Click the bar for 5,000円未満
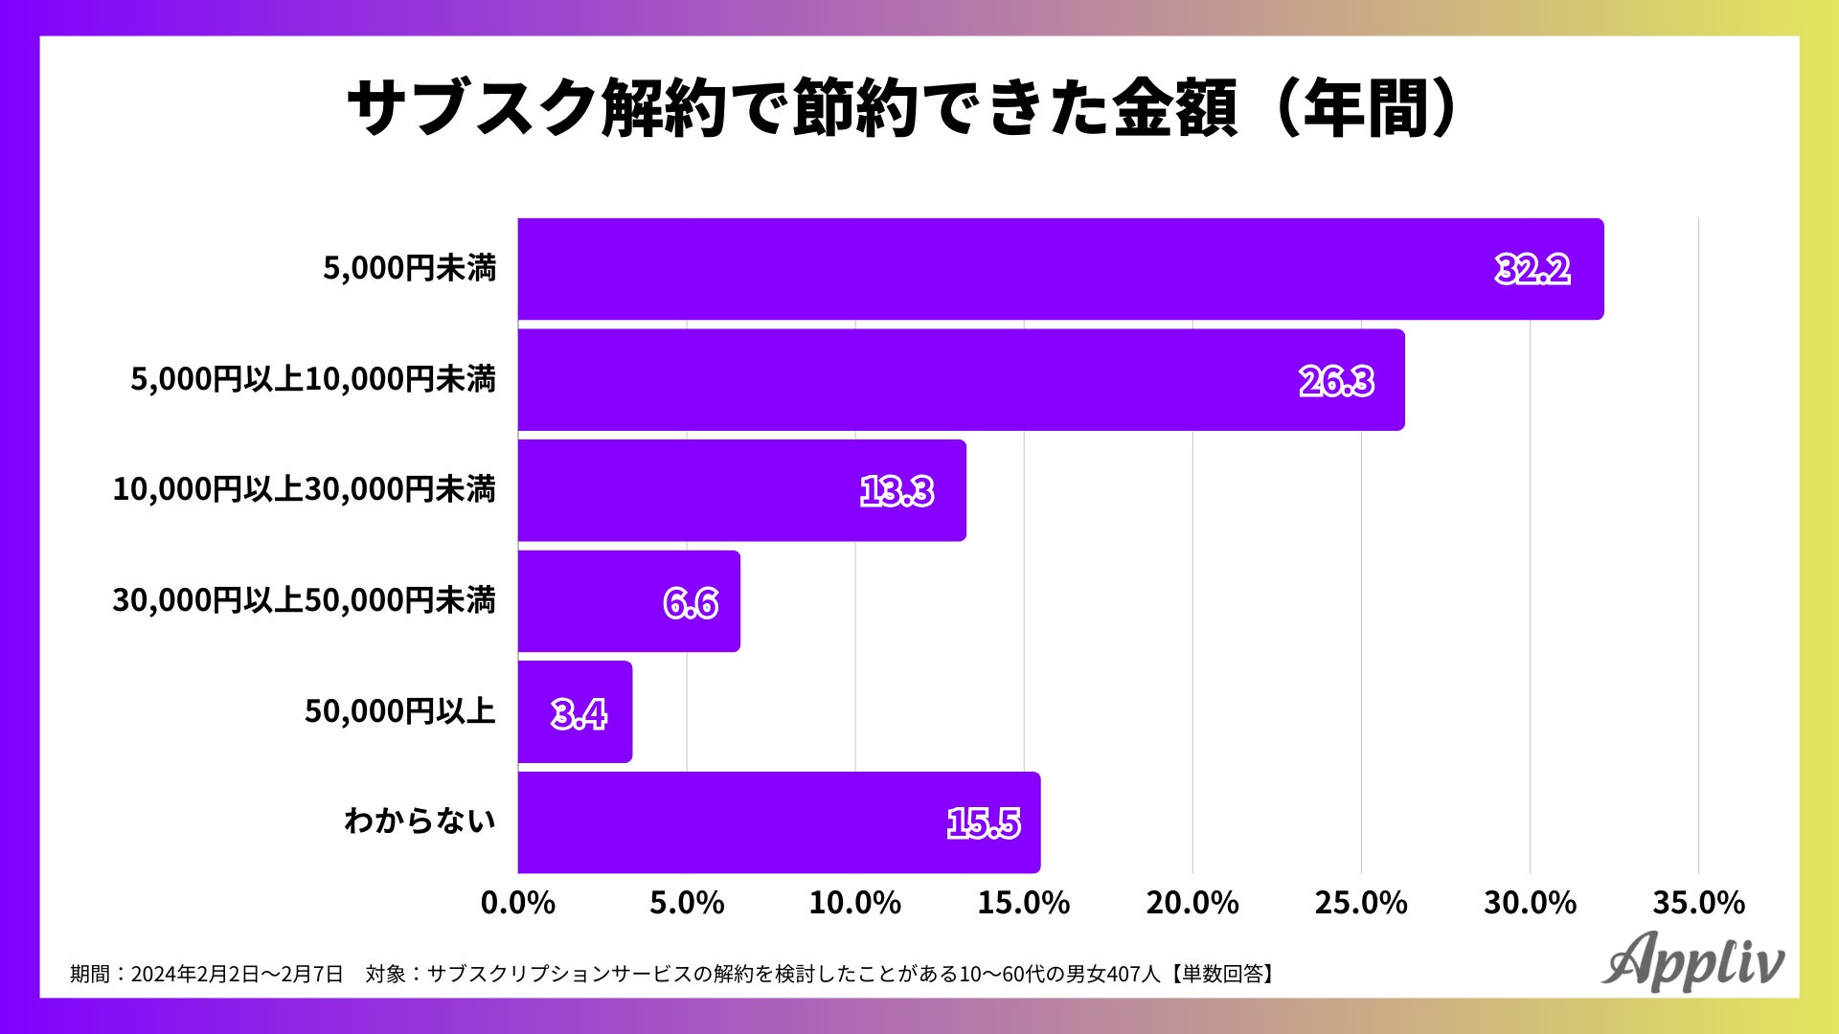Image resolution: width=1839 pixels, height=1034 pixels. [x=1060, y=269]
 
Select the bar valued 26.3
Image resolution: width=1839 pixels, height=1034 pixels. [x=961, y=380]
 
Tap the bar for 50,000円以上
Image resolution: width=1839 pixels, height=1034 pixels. [x=575, y=712]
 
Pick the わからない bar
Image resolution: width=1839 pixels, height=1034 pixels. [x=779, y=822]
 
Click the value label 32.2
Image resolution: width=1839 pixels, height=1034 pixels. [x=1532, y=270]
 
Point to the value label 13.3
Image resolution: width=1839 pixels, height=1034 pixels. [x=897, y=492]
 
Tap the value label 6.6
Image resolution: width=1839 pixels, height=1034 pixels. [x=691, y=603]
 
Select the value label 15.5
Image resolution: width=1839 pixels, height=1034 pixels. [x=984, y=823]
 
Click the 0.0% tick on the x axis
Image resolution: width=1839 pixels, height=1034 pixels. [x=518, y=903]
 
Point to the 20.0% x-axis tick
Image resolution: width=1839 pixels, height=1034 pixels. [x=1192, y=903]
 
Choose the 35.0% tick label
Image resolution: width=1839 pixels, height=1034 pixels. [x=1698, y=903]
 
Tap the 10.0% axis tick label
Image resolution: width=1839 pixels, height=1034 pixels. [x=855, y=903]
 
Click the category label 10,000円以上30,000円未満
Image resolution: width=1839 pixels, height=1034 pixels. [x=304, y=490]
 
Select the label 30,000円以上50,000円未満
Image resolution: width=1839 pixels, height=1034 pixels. [x=304, y=601]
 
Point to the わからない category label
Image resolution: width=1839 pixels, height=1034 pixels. [x=420, y=821]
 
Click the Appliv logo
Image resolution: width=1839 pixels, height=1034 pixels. [x=1692, y=961]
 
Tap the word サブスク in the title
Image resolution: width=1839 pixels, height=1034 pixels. [x=471, y=108]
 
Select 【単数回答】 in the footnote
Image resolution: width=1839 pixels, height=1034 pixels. [x=1222, y=975]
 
